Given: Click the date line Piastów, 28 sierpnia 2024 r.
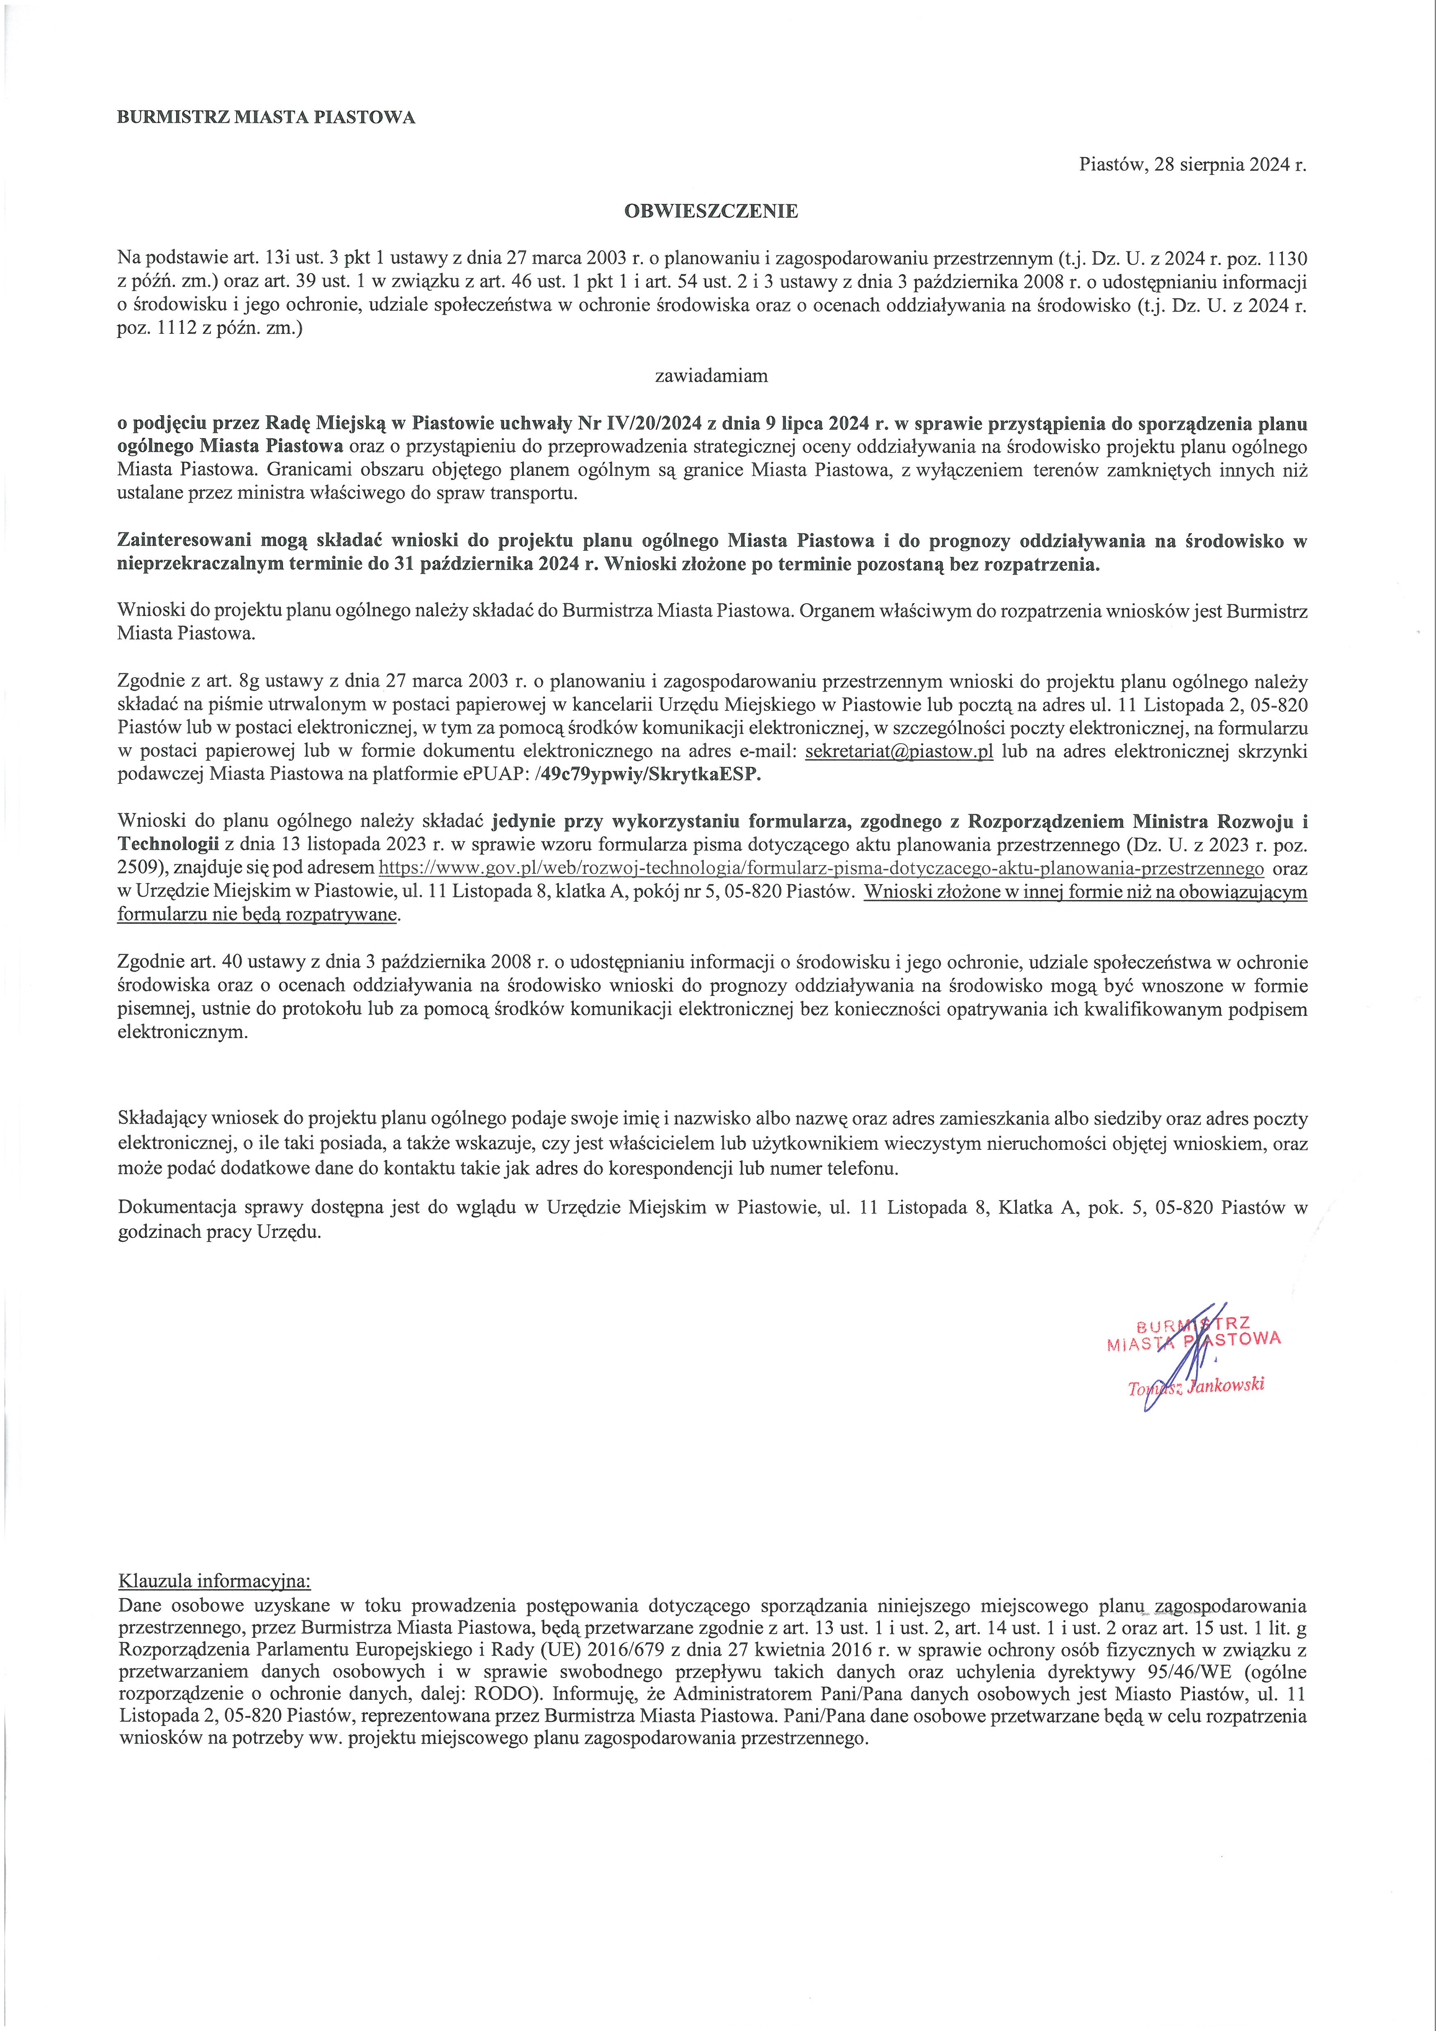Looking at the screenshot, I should pyautogui.click(x=1192, y=165).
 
